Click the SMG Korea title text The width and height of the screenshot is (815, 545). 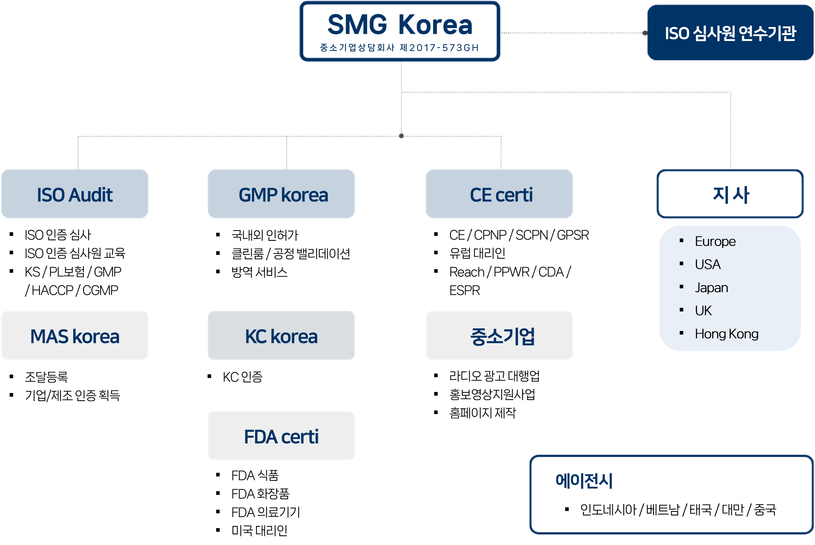point(400,25)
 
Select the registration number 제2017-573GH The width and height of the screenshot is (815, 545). point(439,48)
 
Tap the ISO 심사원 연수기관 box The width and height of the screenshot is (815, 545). point(730,33)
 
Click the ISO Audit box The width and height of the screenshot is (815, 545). point(75,194)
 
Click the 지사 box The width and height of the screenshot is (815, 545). point(730,194)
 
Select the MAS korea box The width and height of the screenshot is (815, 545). point(75,336)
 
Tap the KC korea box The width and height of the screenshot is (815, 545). point(281,336)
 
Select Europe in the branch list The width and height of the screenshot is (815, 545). point(715,242)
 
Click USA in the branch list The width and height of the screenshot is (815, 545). point(708,264)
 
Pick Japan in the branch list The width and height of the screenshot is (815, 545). point(711,288)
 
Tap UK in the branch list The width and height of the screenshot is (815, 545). point(703,311)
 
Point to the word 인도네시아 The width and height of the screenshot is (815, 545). point(608,510)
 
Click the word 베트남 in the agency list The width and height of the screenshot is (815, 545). point(663,510)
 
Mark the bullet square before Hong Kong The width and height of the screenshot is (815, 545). point(681,333)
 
